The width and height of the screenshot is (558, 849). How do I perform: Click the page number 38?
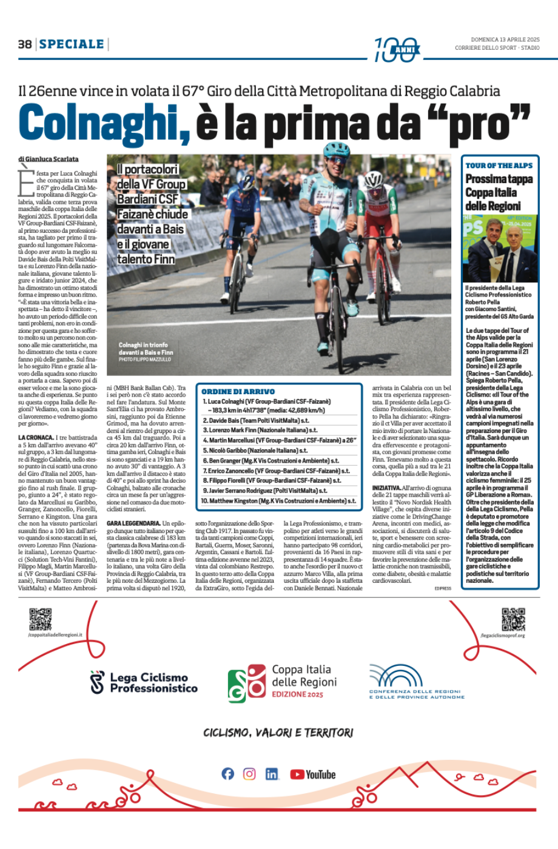25,44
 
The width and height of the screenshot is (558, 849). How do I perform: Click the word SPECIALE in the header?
72,44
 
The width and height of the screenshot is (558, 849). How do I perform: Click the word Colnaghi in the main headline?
104,123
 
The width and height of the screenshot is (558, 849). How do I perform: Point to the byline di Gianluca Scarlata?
49,159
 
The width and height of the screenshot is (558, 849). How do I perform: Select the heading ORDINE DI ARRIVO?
238,392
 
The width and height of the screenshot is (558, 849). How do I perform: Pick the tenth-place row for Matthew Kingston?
278,501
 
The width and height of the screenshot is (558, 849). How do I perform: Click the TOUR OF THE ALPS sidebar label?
499,166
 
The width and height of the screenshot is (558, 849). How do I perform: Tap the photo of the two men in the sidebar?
500,249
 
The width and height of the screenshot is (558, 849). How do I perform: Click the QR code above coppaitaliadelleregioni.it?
41,619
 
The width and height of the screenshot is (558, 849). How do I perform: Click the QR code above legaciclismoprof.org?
513,619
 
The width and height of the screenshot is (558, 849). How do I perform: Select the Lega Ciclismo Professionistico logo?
144,682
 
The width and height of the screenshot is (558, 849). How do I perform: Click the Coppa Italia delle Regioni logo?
283,682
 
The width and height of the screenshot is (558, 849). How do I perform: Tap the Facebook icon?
227,774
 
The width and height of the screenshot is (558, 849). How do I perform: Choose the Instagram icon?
249,774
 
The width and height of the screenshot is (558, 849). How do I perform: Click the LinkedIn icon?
272,774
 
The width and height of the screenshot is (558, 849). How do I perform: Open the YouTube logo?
313,774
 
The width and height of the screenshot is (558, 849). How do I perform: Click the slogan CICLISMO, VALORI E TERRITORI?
278,733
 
